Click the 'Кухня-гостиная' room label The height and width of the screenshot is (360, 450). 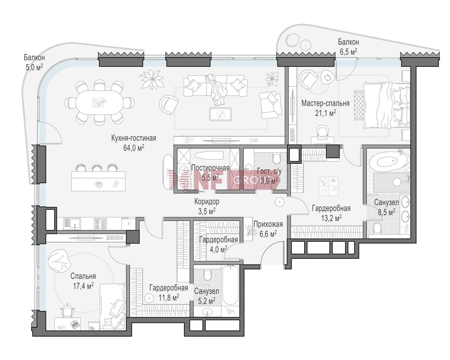[x=133, y=138]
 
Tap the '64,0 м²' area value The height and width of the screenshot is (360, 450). [x=133, y=148]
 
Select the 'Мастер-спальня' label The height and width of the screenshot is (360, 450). [x=325, y=103]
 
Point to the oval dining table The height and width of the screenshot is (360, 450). [x=99, y=103]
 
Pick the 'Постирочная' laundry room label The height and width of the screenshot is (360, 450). [x=210, y=168]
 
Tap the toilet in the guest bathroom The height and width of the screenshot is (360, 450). [x=277, y=159]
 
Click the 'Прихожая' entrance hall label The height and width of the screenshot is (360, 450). [x=268, y=224]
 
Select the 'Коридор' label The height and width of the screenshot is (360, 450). [x=207, y=201]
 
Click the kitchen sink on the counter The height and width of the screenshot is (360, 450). [x=72, y=223]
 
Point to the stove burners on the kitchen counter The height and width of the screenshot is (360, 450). [x=100, y=224]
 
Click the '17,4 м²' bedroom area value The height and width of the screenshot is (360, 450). [x=83, y=286]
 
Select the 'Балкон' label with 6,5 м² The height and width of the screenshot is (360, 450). [x=348, y=42]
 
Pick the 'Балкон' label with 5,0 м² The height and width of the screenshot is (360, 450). [x=34, y=57]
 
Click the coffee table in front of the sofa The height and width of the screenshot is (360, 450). [x=220, y=114]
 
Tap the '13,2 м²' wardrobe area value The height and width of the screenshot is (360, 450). [x=331, y=218]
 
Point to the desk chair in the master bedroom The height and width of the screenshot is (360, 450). [x=322, y=132]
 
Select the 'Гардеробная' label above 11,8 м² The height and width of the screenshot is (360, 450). [x=169, y=288]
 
